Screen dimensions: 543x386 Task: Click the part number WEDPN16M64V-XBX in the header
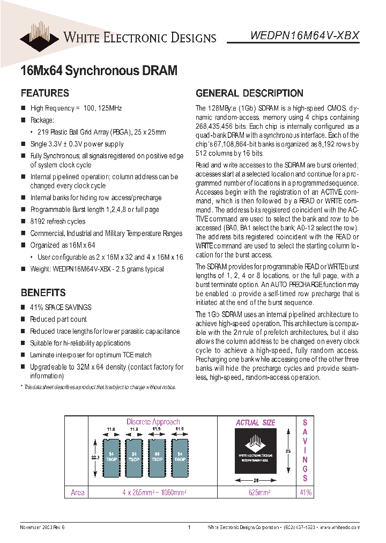[x=305, y=35]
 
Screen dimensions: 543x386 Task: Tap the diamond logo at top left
[x=40, y=35]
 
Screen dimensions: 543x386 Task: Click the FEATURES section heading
[x=44, y=93]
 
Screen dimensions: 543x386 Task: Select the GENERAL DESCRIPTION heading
[x=249, y=93]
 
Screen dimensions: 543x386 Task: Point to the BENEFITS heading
[x=43, y=292]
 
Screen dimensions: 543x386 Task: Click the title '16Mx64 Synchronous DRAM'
[x=98, y=70]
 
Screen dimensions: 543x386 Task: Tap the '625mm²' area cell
[x=256, y=493]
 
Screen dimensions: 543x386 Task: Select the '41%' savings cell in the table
[x=306, y=493]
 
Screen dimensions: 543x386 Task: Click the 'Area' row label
[x=78, y=493]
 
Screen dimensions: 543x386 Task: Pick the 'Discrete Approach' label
[x=153, y=422]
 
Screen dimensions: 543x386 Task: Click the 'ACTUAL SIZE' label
[x=255, y=423]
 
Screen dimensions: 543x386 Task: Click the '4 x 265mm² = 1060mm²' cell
[x=154, y=493]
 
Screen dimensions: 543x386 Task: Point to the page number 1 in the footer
[x=190, y=528]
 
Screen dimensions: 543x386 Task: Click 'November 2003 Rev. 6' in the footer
[x=42, y=528]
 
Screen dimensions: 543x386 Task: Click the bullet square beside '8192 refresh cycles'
[x=23, y=221]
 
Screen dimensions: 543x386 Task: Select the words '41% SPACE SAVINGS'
[x=61, y=307]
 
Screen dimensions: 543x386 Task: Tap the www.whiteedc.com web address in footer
[x=340, y=528]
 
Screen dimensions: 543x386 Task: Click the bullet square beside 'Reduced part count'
[x=23, y=319]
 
